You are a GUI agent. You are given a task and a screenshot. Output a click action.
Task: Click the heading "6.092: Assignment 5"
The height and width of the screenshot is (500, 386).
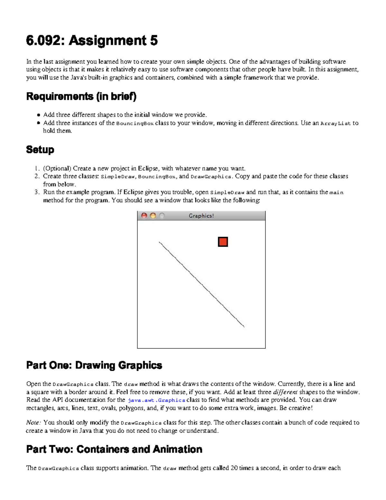[92, 41]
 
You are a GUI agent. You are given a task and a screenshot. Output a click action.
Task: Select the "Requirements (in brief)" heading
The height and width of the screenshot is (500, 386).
[81, 96]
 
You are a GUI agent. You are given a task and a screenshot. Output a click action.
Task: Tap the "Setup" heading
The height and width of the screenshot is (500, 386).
[40, 149]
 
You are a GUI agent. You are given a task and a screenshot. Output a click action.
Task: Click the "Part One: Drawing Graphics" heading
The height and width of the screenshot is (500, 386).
[94, 365]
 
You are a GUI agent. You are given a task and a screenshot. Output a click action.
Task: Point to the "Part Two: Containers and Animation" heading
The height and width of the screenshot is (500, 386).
[114, 449]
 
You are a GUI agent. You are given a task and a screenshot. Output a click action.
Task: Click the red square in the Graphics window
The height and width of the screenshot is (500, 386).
[223, 242]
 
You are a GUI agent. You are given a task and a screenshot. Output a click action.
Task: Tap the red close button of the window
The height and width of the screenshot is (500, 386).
[144, 216]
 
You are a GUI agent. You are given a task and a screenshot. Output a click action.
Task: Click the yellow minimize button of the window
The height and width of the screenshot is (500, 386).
[153, 216]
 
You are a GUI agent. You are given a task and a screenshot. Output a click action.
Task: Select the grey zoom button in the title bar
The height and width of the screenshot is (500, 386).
[162, 216]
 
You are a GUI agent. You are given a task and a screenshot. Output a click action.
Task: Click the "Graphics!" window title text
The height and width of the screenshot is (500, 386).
[201, 216]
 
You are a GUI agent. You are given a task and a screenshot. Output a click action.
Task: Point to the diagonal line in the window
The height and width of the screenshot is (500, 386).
[202, 285]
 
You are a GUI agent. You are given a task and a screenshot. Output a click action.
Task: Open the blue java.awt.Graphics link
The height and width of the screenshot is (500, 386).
[156, 400]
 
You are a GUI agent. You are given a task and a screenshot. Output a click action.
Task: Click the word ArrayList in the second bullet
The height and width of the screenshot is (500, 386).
[335, 123]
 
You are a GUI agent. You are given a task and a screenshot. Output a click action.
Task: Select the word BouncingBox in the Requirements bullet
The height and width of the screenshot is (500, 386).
[135, 123]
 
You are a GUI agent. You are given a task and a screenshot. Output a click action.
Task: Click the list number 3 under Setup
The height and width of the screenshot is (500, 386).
[37, 192]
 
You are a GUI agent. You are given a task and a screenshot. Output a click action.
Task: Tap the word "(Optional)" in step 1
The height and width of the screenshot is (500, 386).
[57, 168]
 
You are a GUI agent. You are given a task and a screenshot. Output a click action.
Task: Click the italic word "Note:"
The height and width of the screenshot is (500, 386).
[33, 422]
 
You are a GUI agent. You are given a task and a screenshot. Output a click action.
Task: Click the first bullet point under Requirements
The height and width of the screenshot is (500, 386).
[39, 115]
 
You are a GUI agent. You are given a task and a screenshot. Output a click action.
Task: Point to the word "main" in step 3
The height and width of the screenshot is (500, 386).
[336, 193]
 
